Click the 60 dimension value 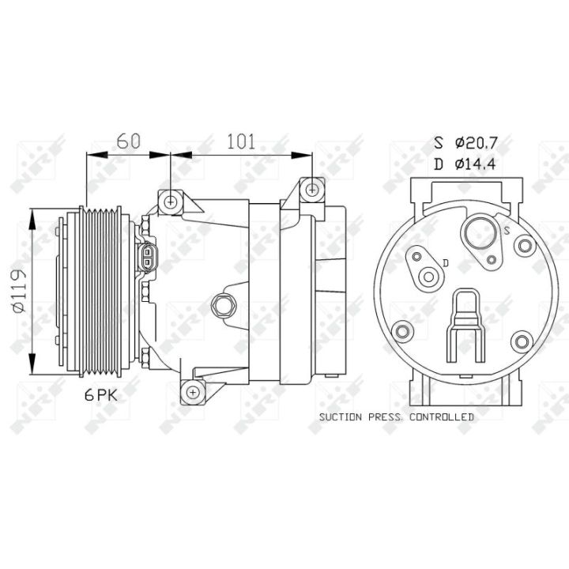click(x=128, y=141)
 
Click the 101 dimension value click(x=241, y=141)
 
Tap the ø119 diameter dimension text click(x=18, y=291)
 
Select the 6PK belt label click(x=101, y=395)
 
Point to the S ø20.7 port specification click(x=465, y=142)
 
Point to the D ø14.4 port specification click(x=465, y=164)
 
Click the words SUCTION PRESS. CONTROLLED click(x=397, y=417)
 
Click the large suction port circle click(x=480, y=233)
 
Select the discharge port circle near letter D click(x=428, y=277)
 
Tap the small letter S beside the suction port click(x=507, y=230)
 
